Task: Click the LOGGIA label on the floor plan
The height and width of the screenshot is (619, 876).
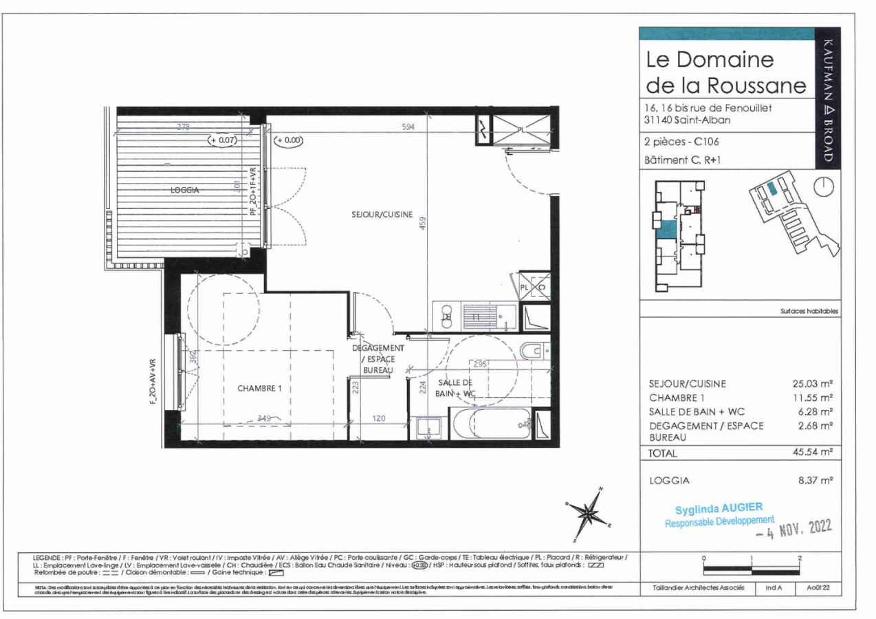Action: pyautogui.click(x=185, y=191)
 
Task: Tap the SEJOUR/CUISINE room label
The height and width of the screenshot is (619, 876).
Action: pyautogui.click(x=382, y=215)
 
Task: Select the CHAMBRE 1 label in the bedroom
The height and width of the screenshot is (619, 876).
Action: pyautogui.click(x=260, y=388)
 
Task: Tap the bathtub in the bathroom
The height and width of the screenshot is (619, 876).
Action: pyautogui.click(x=491, y=423)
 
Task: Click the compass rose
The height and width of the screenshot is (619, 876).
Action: pyautogui.click(x=587, y=511)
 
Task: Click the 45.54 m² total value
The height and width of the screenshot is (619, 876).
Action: pyautogui.click(x=813, y=453)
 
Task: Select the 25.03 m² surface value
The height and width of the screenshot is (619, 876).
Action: pyautogui.click(x=813, y=384)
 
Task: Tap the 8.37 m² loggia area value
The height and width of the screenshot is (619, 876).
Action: pyautogui.click(x=815, y=481)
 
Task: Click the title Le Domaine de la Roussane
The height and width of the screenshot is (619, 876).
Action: pyautogui.click(x=725, y=72)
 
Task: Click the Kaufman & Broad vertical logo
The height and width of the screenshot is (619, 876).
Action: pyautogui.click(x=828, y=97)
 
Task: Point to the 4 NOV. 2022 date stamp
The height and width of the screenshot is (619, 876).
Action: pyautogui.click(x=793, y=529)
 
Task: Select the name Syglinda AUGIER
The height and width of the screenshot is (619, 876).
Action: pyautogui.click(x=719, y=508)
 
